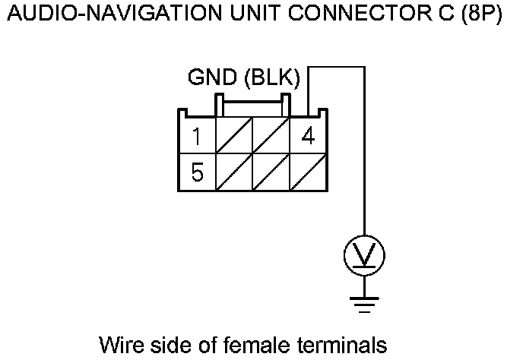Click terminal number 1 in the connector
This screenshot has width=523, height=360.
click(197, 137)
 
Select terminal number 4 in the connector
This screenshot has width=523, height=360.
click(309, 137)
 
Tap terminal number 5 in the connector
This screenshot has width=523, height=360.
click(197, 173)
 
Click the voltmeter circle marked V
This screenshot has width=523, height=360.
click(365, 255)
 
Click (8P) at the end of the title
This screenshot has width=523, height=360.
click(479, 17)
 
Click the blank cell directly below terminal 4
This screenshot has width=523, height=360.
click(309, 172)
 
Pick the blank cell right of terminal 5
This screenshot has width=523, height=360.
click(234, 172)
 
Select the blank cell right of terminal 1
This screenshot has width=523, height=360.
click(234, 135)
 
